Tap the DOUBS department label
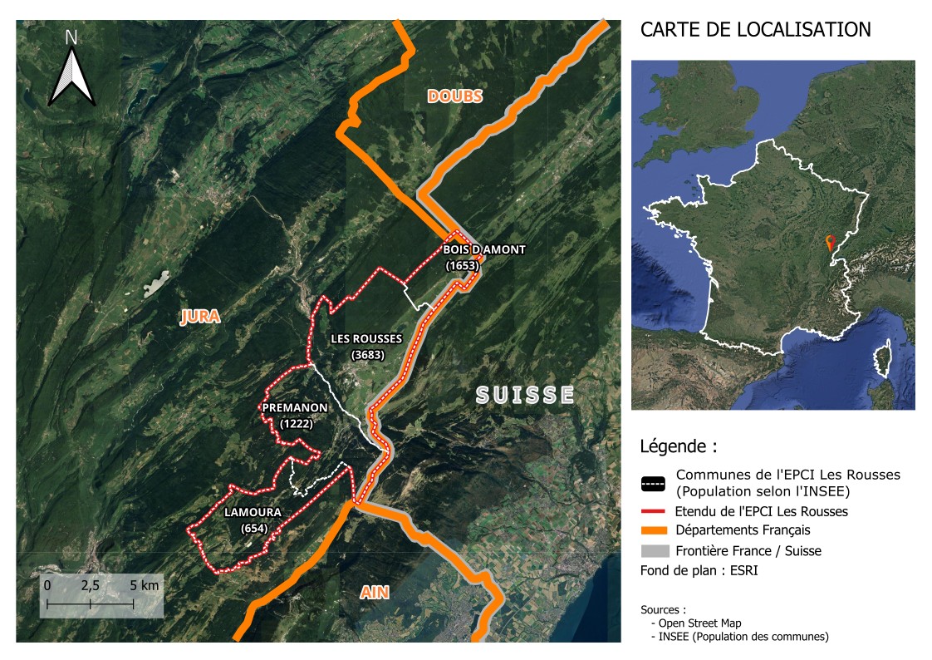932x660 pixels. (x=454, y=96)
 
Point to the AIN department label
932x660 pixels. (x=375, y=592)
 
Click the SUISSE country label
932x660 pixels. (x=525, y=394)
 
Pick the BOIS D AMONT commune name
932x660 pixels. (x=484, y=249)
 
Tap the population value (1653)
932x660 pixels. (x=463, y=265)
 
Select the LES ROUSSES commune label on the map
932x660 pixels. (x=365, y=339)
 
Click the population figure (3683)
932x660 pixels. (x=365, y=355)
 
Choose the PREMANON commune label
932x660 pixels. (x=295, y=408)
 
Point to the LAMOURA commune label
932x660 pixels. (x=253, y=513)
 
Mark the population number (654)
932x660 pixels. (x=253, y=529)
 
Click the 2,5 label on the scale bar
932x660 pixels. (x=90, y=585)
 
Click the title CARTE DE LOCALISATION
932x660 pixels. (x=755, y=30)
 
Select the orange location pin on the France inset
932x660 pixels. (x=829, y=242)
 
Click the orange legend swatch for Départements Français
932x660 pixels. (x=655, y=530)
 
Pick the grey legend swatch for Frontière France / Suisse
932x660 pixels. (x=655, y=550)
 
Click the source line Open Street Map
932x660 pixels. (x=700, y=623)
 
